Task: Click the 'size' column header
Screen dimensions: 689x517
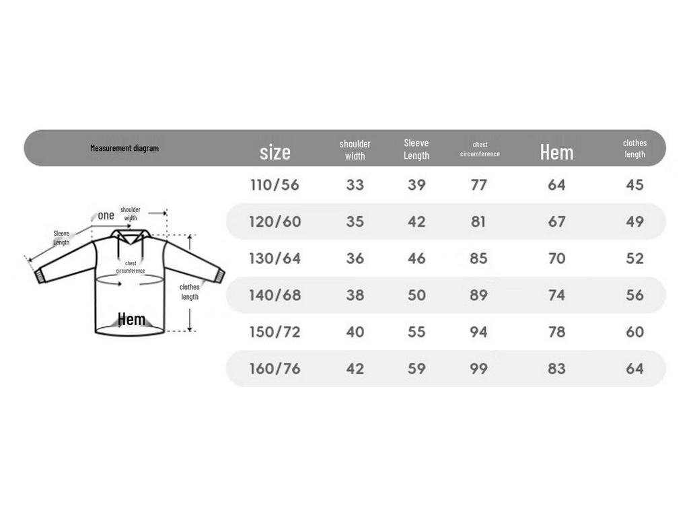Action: pos(275,152)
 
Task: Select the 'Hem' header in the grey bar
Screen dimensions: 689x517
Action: pos(556,153)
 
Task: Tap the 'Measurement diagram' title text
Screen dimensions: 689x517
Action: pos(124,148)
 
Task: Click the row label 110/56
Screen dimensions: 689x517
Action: pos(275,185)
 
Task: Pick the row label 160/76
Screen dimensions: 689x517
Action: pos(275,368)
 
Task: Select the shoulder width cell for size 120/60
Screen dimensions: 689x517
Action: pos(355,221)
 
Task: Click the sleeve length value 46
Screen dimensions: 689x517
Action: pos(416,258)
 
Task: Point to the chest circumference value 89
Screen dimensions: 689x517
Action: pos(478,295)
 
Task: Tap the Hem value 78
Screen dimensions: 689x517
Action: pos(556,332)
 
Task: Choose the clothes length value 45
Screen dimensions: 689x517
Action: pos(635,185)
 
